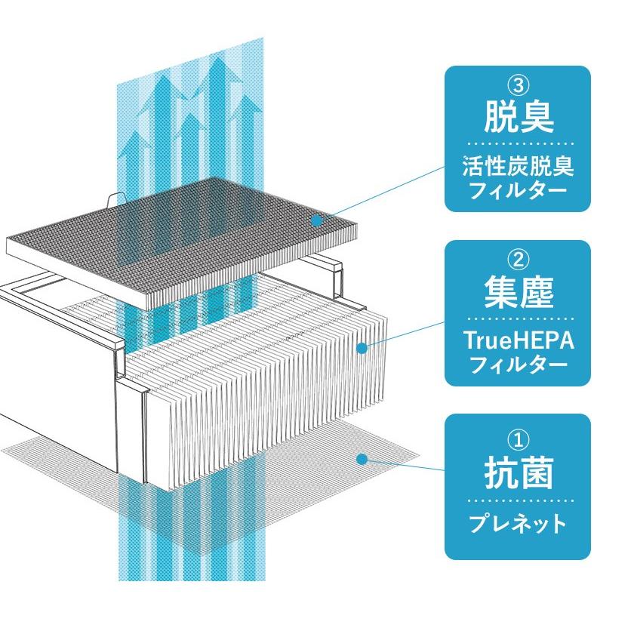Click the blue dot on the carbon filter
click(x=318, y=220)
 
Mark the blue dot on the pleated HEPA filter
click(x=362, y=348)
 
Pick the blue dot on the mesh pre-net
click(x=362, y=458)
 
